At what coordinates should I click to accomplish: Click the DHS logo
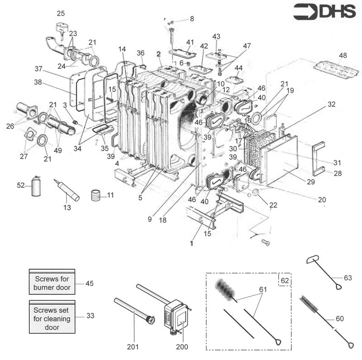324,12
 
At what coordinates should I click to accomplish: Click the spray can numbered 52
35,187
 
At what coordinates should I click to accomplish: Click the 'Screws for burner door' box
52,283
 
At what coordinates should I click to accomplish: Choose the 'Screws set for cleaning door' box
52,316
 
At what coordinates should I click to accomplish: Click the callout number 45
90,283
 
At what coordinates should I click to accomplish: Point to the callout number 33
90,316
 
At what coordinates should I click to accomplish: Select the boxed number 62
284,281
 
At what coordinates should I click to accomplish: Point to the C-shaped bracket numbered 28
319,158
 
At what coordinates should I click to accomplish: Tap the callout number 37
38,68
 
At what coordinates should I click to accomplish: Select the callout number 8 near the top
191,19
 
